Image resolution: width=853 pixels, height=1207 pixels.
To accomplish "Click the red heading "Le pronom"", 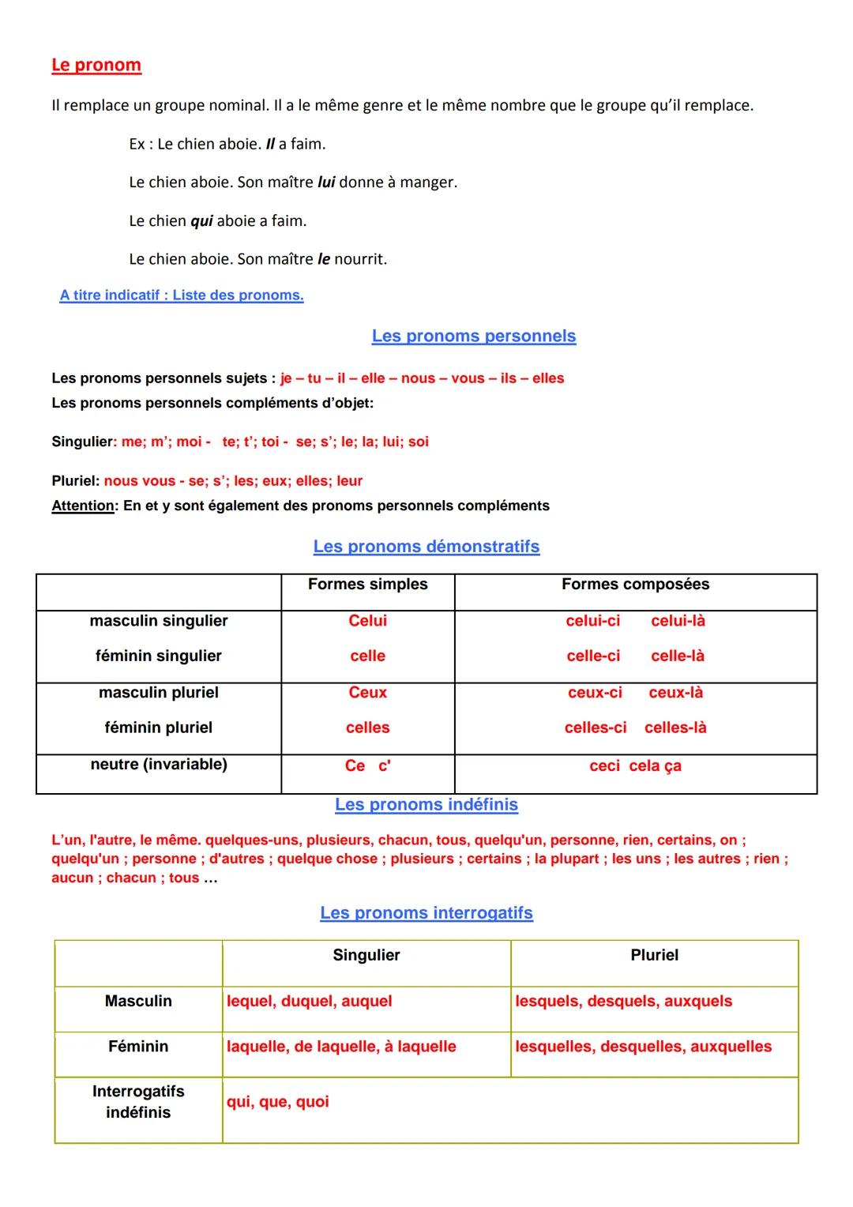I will tap(96, 65).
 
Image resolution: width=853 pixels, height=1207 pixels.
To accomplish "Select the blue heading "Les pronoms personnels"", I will tap(473, 336).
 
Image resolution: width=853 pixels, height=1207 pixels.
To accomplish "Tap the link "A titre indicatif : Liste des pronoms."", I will tap(182, 295).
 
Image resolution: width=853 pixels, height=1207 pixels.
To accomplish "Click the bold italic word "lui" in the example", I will tap(326, 182).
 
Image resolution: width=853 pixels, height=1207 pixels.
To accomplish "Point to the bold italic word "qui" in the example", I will tap(201, 221).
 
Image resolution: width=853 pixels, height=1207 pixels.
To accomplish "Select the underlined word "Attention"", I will tap(83, 506).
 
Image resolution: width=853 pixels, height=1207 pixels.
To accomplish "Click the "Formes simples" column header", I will tap(367, 585).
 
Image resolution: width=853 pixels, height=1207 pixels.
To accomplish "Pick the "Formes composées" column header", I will tap(635, 585).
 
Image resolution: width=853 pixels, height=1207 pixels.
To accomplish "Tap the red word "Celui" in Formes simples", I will tap(367, 621).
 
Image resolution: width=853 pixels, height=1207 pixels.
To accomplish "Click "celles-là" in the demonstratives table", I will tap(675, 728).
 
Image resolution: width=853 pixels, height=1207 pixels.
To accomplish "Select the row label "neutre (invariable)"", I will tap(158, 765).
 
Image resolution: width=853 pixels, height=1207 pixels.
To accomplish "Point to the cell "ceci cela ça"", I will tap(635, 766).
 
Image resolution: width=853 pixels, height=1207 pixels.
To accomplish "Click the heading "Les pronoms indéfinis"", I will tap(426, 805).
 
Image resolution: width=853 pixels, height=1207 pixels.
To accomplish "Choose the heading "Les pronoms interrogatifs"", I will tap(426, 913).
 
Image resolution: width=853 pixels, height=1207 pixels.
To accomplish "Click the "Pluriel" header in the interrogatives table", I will tap(654, 956).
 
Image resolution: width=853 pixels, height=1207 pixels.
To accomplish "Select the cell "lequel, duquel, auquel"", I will tap(310, 1002).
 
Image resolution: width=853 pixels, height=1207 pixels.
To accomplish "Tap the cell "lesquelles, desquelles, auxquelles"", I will tap(643, 1047).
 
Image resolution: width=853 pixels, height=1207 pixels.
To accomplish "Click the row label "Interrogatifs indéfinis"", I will tap(138, 1102).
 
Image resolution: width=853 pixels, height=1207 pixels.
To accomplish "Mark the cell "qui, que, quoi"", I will tap(278, 1102).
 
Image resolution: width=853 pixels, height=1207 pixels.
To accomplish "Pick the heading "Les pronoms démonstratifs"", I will tap(426, 547).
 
